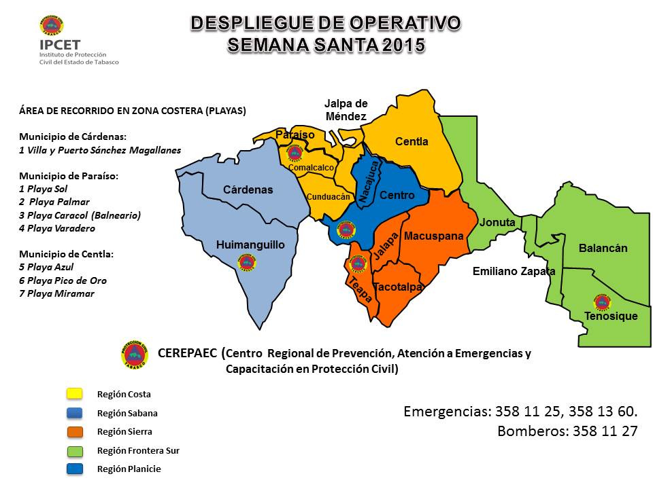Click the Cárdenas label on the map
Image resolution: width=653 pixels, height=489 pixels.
(x=248, y=190)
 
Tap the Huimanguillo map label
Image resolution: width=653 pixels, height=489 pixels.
(x=250, y=244)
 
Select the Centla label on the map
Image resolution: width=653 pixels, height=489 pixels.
(x=412, y=142)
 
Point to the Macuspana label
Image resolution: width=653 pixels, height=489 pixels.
(x=434, y=236)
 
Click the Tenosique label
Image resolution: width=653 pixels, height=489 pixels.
(x=611, y=316)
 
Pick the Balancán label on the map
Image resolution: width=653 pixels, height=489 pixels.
(x=603, y=249)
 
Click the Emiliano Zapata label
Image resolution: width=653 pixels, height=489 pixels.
(x=514, y=272)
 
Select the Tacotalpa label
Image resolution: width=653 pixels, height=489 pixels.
(x=399, y=287)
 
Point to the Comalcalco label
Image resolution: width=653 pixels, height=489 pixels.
(x=311, y=168)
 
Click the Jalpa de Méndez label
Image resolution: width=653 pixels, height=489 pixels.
(x=346, y=110)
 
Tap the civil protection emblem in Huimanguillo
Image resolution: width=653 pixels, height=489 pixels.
(x=247, y=262)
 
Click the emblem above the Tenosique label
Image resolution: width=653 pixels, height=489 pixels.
(x=602, y=301)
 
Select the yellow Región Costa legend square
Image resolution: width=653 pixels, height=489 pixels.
(x=74, y=394)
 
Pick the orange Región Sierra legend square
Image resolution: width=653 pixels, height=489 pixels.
(x=74, y=431)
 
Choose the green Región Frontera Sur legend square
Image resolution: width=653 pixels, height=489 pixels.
(x=74, y=450)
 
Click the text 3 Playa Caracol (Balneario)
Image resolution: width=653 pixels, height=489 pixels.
(x=80, y=215)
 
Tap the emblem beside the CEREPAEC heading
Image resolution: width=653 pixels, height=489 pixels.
(x=135, y=354)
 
